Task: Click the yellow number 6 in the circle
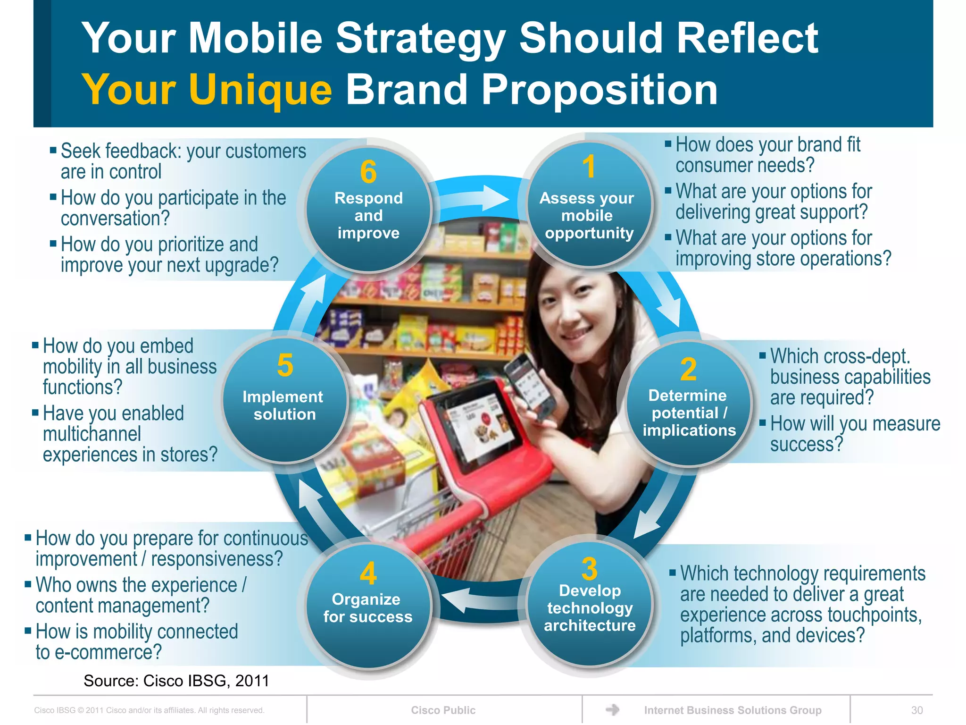pos(368,172)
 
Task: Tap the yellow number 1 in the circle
pos(589,167)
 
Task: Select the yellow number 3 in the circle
pos(589,569)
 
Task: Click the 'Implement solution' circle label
pos(283,405)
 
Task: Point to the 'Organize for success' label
pos(367,608)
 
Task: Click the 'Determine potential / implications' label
pos(689,413)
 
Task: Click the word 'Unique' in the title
pos(261,89)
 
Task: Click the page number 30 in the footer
pos(917,710)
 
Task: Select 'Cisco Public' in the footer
pos(443,710)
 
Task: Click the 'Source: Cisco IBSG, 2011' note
pos(176,681)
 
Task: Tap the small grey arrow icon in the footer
pos(612,709)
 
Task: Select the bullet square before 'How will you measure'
pos(762,422)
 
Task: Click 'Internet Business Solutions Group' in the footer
pos(733,710)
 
